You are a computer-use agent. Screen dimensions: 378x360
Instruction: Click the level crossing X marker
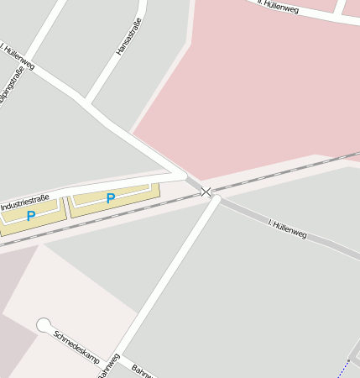tap(206, 192)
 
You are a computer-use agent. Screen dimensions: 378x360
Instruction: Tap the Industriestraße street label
tap(25, 202)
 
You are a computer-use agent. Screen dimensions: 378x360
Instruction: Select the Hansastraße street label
tap(128, 39)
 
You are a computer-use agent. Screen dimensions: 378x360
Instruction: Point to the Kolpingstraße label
tap(11, 97)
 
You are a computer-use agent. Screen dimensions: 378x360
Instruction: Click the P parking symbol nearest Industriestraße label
tap(31, 216)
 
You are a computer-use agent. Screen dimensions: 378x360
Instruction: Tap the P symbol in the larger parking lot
tap(110, 199)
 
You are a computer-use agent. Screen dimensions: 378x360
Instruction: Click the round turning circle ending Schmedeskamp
tap(44, 325)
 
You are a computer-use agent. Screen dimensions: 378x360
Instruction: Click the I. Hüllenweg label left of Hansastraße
tap(18, 57)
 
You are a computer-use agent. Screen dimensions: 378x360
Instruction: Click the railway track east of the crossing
tap(285, 172)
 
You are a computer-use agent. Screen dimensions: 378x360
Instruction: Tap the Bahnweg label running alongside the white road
tap(110, 366)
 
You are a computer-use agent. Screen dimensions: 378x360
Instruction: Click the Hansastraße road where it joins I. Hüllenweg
tap(86, 101)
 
